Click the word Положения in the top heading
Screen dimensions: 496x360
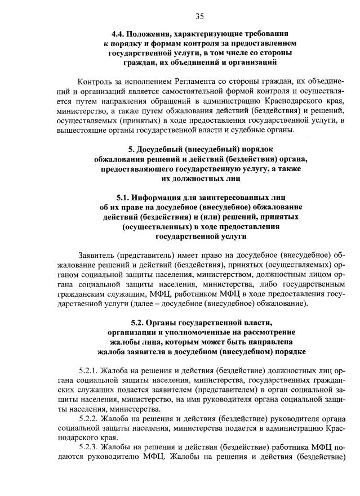coord(157,33)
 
